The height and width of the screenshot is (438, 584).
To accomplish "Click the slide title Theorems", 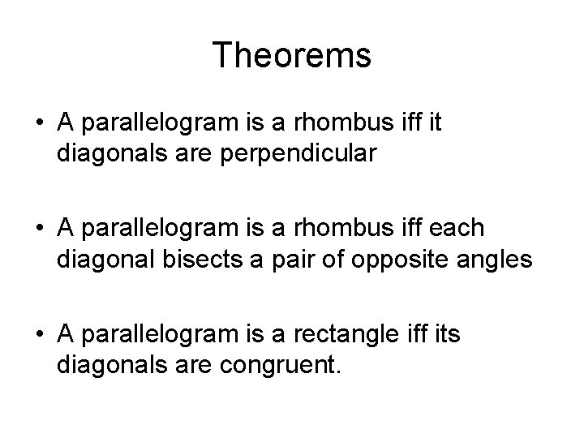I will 292,56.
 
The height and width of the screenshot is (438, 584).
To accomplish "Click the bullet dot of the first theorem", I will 40,122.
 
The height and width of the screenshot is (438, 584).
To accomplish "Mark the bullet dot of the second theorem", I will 40,230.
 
